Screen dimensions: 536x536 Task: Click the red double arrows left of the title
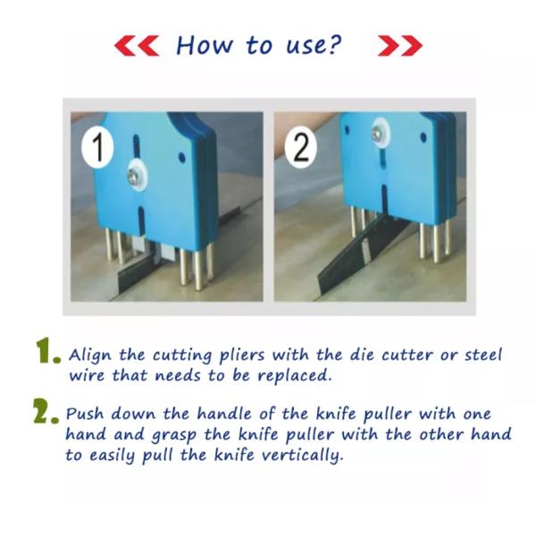click(x=137, y=46)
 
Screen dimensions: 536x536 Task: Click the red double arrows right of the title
click(x=400, y=46)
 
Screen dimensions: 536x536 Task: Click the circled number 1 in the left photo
click(x=97, y=147)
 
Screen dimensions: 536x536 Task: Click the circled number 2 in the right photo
click(x=300, y=147)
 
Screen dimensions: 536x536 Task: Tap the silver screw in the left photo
click(x=134, y=176)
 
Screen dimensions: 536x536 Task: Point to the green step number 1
click(x=47, y=351)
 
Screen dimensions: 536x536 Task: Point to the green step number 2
click(x=46, y=410)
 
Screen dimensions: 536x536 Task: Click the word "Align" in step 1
click(x=90, y=356)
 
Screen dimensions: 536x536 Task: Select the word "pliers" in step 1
click(x=242, y=356)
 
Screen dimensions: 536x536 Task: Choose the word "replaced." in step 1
click(x=295, y=377)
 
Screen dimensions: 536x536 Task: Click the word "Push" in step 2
click(x=85, y=414)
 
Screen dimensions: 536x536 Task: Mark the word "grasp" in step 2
click(x=174, y=436)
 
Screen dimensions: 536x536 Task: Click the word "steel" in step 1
click(x=483, y=356)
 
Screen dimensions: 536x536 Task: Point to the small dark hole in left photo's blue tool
click(x=182, y=157)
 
